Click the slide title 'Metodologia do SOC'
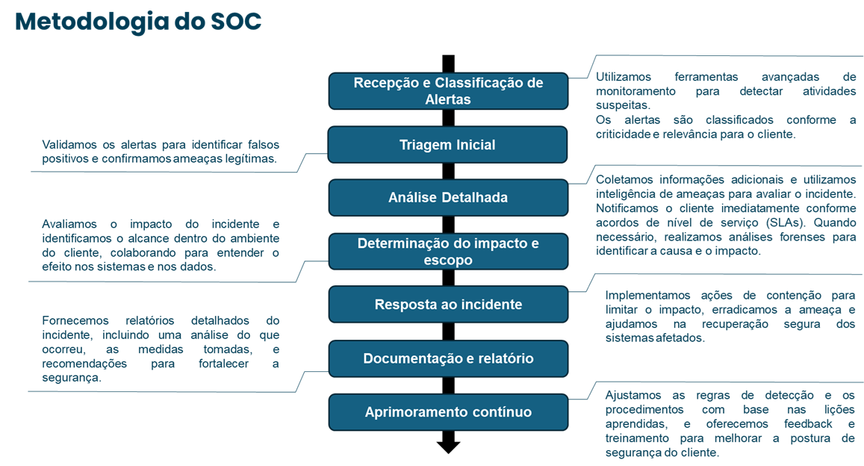pyautogui.click(x=138, y=22)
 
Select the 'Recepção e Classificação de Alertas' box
pyautogui.click(x=448, y=91)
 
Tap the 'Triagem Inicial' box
pyautogui.click(x=447, y=145)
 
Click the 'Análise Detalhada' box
pyautogui.click(x=447, y=198)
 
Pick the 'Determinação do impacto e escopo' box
pyautogui.click(x=447, y=252)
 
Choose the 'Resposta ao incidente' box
pyautogui.click(x=447, y=305)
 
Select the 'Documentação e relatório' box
pyautogui.click(x=447, y=358)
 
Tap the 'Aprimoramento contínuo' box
pyautogui.click(x=447, y=412)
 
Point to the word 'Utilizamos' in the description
pyautogui.click(x=624, y=76)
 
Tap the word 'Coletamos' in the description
pyautogui.click(x=624, y=179)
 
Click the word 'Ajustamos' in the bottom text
pyautogui.click(x=633, y=395)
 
